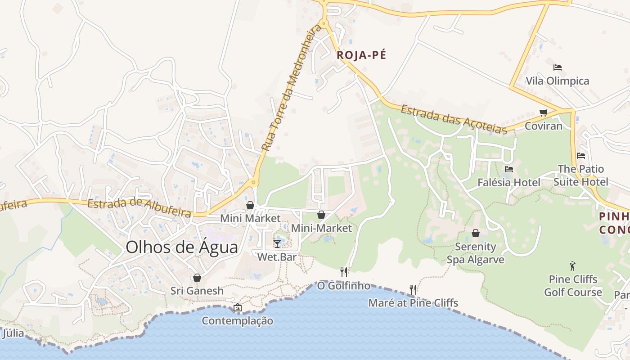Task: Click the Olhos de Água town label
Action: pyautogui.click(x=182, y=247)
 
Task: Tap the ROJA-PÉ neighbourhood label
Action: pyautogui.click(x=361, y=55)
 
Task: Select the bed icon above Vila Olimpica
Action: pyautogui.click(x=558, y=67)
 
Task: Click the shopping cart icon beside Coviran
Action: pyautogui.click(x=543, y=112)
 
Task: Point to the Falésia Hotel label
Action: pyautogui.click(x=509, y=182)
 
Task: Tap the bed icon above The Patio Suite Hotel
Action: pyautogui.click(x=581, y=156)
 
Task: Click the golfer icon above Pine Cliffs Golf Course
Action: pyautogui.click(x=572, y=266)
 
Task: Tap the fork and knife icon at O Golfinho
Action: pyautogui.click(x=344, y=272)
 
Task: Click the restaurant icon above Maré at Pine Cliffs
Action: pyautogui.click(x=413, y=289)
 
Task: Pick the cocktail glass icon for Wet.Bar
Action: pyautogui.click(x=277, y=244)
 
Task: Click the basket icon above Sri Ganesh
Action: pyautogui.click(x=197, y=278)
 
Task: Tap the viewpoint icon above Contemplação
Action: pyautogui.click(x=237, y=308)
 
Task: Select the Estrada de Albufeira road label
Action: pyautogui.click(x=139, y=208)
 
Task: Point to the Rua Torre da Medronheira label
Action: pyautogui.click(x=292, y=88)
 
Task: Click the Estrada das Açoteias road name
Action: pyautogui.click(x=454, y=119)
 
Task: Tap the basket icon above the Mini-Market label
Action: pyautogui.click(x=321, y=215)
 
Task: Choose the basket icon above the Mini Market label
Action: pyautogui.click(x=250, y=205)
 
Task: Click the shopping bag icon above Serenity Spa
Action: pyautogui.click(x=475, y=233)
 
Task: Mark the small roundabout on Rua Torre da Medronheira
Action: pyautogui.click(x=253, y=183)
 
